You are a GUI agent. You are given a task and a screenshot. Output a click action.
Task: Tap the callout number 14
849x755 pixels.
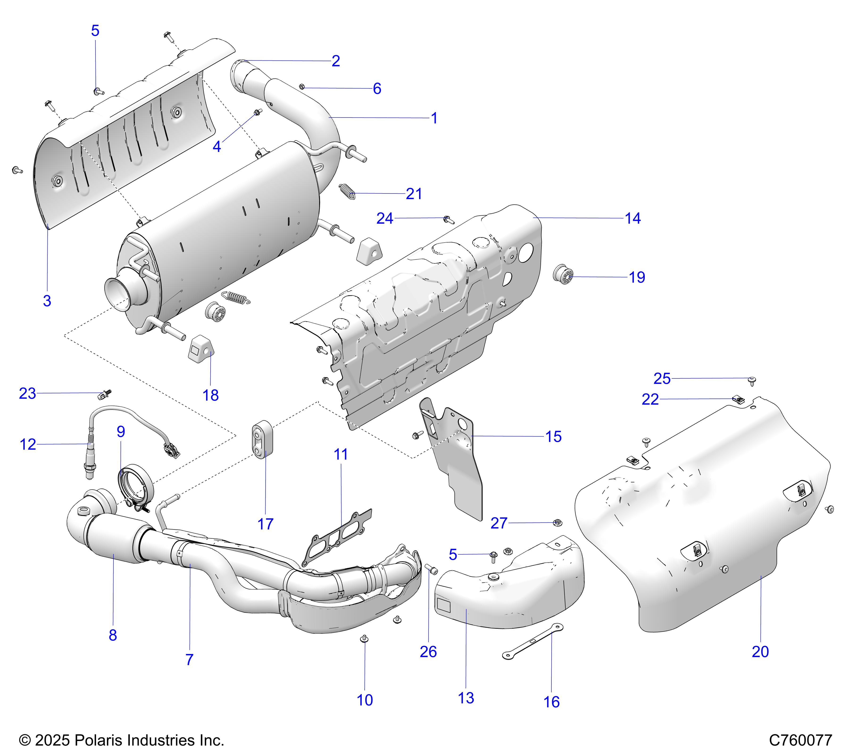633,218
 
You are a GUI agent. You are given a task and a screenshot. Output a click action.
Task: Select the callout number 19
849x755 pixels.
637,277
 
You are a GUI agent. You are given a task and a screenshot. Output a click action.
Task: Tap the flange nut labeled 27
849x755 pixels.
558,523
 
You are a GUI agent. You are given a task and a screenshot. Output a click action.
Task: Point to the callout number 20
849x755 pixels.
760,651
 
